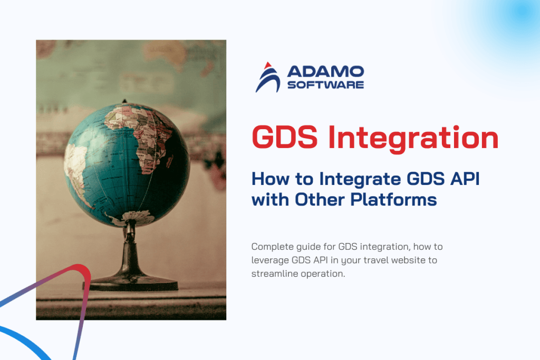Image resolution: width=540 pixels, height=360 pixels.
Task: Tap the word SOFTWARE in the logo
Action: [325, 84]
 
